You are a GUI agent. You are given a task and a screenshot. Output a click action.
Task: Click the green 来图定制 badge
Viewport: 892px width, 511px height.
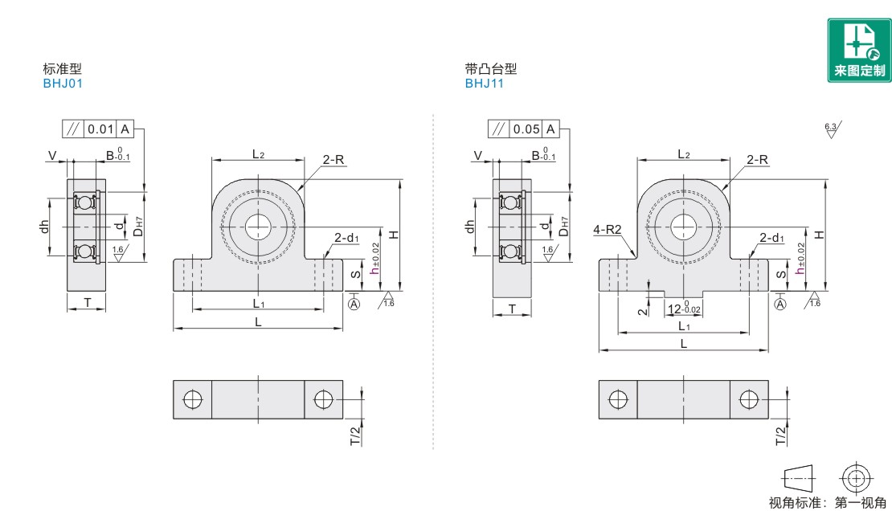pyautogui.click(x=859, y=50)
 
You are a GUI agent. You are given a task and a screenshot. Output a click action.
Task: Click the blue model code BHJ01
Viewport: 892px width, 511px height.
pyautogui.click(x=63, y=83)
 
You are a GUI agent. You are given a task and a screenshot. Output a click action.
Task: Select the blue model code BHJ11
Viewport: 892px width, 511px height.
pyautogui.click(x=484, y=83)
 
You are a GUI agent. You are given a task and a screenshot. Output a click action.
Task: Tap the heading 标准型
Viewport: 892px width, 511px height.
pyautogui.click(x=63, y=68)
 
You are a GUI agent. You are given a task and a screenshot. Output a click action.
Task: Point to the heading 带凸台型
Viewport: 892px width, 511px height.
pyautogui.click(x=491, y=68)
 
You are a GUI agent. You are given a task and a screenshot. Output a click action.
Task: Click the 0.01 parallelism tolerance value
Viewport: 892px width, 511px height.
pyautogui.click(x=100, y=129)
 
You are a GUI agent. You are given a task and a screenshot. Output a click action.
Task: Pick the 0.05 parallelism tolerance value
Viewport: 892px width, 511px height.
pyautogui.click(x=526, y=129)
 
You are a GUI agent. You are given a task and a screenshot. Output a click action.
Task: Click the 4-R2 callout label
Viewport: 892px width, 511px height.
pyautogui.click(x=608, y=229)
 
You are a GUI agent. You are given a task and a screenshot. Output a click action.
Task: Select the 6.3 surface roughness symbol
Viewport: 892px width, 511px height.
pyautogui.click(x=833, y=129)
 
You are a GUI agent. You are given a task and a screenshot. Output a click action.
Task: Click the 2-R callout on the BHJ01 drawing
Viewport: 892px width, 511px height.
pyautogui.click(x=333, y=160)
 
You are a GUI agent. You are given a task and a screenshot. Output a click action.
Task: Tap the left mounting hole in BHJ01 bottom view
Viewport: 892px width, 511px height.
pyautogui.click(x=193, y=399)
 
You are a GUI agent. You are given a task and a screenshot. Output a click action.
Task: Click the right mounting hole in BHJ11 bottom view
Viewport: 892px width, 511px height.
pyautogui.click(x=749, y=399)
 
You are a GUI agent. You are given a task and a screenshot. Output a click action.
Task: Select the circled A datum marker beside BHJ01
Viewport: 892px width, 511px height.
pyautogui.click(x=354, y=304)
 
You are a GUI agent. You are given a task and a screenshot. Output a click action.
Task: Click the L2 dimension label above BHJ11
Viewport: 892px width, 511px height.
pyautogui.click(x=684, y=154)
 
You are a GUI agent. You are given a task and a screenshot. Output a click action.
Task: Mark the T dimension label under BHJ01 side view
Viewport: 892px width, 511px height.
pyautogui.click(x=87, y=302)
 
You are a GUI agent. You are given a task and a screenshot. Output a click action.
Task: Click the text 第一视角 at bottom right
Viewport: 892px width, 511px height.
pyautogui.click(x=860, y=502)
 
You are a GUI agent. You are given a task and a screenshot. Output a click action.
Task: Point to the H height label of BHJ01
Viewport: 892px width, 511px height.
pyautogui.click(x=393, y=235)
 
